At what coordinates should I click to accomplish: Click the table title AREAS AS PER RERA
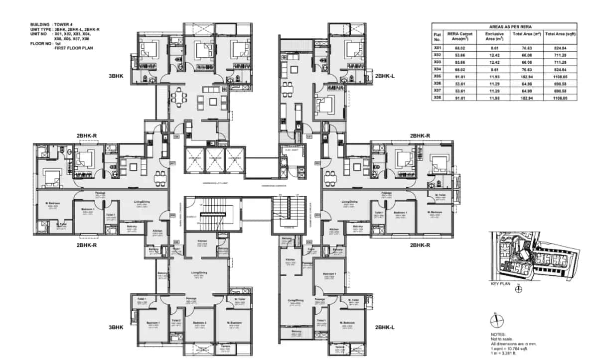(504, 26)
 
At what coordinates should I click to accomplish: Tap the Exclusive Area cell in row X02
(494, 55)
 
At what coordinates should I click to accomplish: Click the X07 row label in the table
(438, 91)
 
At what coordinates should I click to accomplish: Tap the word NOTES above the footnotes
(499, 335)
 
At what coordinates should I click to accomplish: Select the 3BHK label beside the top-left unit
(116, 77)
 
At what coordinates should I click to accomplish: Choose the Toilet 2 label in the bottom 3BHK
(175, 321)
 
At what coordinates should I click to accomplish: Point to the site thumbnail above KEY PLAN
(532, 256)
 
